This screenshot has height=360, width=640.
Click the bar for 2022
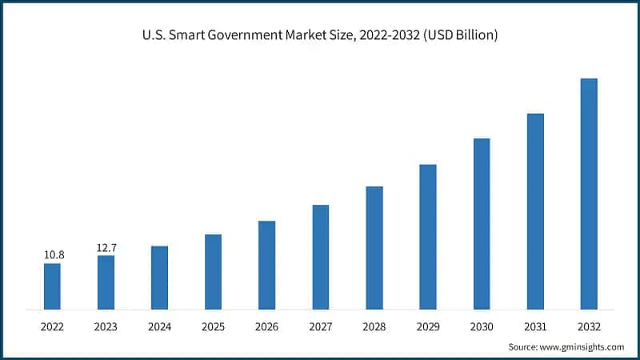pyautogui.click(x=52, y=286)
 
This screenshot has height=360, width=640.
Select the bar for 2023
pyautogui.click(x=106, y=282)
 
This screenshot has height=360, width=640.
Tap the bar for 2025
pyautogui.click(x=213, y=271)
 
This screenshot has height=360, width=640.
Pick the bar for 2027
pyautogui.click(x=320, y=257)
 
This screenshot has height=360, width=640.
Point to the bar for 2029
pyautogui.click(x=428, y=237)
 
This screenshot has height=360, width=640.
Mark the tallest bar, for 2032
pyautogui.click(x=589, y=194)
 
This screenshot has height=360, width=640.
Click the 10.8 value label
pyautogui.click(x=54, y=254)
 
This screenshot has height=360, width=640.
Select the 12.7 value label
pyautogui.click(x=107, y=247)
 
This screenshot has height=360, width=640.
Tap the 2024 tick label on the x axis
pyautogui.click(x=159, y=327)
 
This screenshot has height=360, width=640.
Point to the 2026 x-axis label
pyautogui.click(x=266, y=327)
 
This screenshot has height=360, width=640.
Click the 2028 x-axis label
pyautogui.click(x=374, y=327)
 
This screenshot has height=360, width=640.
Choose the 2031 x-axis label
pyautogui.click(x=535, y=327)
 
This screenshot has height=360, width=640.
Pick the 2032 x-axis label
pyautogui.click(x=589, y=327)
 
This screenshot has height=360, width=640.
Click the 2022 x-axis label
pyautogui.click(x=52, y=327)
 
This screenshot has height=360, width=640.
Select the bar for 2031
pyautogui.click(x=535, y=211)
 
